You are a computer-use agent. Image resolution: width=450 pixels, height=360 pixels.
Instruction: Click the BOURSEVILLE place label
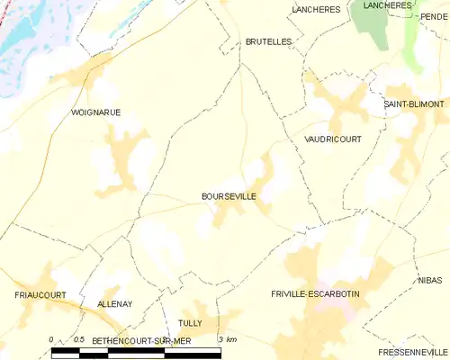(x=229, y=194)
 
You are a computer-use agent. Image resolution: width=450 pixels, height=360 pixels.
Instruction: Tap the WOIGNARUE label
(x=95, y=112)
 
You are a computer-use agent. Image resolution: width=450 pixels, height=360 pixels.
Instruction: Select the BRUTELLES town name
(x=268, y=41)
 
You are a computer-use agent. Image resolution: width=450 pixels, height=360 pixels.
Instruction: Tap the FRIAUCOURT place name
(x=41, y=294)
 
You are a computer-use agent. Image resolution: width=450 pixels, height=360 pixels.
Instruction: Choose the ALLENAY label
(x=114, y=304)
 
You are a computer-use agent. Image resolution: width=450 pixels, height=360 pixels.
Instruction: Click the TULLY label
(x=190, y=322)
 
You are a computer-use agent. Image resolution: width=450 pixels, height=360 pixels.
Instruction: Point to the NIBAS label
(x=429, y=281)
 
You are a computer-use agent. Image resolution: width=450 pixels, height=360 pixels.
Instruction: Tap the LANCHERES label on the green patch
(x=386, y=5)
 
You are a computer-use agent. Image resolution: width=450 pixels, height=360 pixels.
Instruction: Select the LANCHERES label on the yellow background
(x=315, y=9)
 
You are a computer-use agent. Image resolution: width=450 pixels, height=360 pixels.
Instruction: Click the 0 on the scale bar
(x=51, y=339)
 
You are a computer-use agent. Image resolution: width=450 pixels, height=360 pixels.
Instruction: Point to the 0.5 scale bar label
(x=79, y=339)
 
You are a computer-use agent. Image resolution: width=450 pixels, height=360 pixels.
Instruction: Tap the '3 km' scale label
(x=227, y=339)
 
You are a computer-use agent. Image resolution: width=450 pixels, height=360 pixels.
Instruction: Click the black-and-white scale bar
(x=135, y=352)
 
